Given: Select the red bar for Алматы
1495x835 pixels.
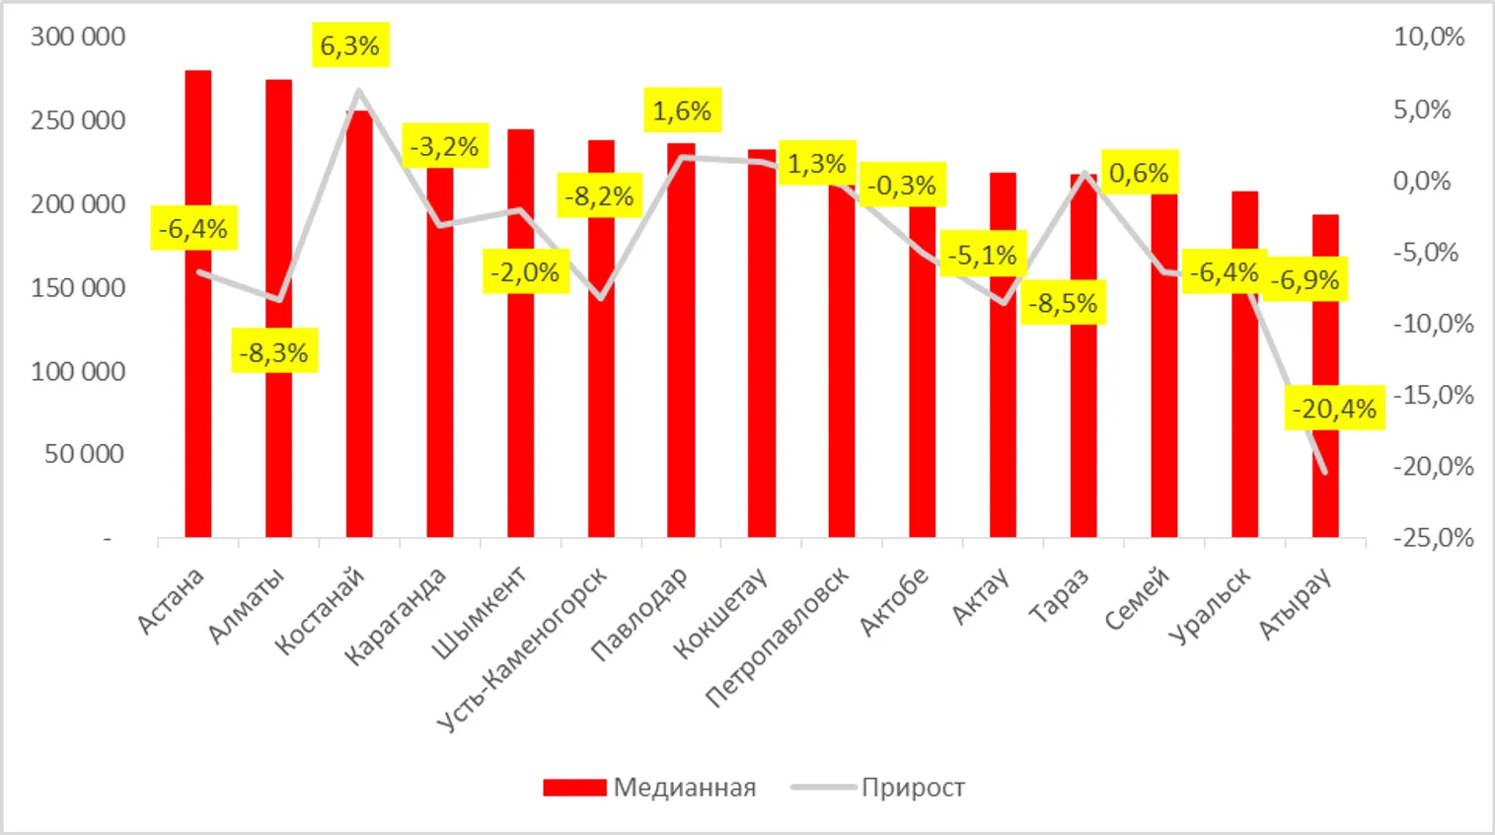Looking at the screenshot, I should coord(278,444).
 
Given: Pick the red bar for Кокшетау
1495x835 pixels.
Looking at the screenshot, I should coord(762,345).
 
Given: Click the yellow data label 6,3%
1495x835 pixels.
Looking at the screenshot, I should coord(350,45).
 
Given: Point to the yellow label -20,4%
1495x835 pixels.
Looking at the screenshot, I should coord(1334,409).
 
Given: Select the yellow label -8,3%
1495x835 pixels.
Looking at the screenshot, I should coord(274,351).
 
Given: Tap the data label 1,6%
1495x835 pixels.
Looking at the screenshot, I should coord(682,111).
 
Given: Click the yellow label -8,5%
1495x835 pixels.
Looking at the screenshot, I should coord(1063,303).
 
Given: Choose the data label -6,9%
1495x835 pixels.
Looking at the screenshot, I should coord(1305,280).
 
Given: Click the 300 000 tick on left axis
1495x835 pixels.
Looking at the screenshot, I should coord(78,38).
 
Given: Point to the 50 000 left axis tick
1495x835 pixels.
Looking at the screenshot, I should coord(85,454).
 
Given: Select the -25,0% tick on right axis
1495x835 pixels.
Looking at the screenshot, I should coord(1433,538).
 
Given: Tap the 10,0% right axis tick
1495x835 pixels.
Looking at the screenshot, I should coord(1429,38).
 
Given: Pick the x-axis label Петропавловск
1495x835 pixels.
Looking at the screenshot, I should coord(777,638).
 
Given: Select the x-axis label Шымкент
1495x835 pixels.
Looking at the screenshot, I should coord(480,613).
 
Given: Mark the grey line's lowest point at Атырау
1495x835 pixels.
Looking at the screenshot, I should coord(1324,472).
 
